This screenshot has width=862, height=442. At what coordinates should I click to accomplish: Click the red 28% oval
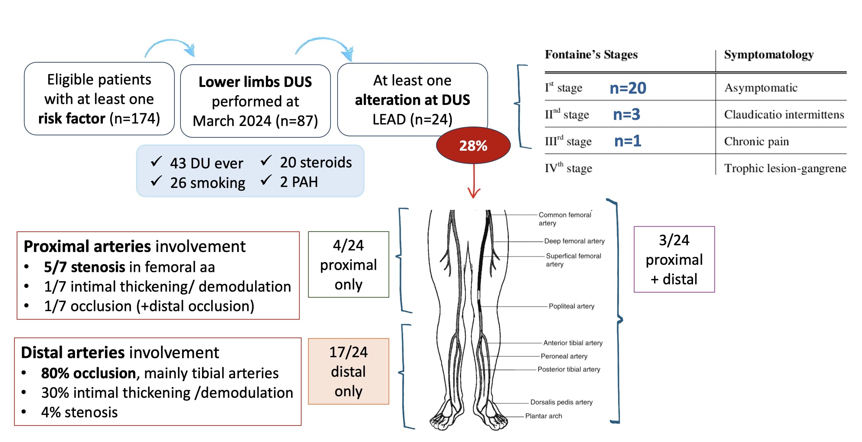(473, 145)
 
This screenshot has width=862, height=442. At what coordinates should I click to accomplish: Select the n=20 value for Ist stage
(628, 88)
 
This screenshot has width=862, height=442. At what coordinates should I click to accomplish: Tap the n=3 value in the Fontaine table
(626, 114)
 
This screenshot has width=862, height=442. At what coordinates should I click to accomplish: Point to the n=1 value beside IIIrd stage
(628, 141)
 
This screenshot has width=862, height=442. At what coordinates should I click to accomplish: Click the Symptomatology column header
(768, 55)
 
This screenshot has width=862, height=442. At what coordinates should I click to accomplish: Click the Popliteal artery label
(571, 306)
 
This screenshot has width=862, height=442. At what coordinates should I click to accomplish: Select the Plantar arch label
(543, 416)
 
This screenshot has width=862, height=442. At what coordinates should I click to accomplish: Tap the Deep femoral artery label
(574, 241)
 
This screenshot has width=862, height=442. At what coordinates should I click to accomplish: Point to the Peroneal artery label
(564, 356)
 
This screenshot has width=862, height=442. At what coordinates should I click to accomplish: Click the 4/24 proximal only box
(348, 264)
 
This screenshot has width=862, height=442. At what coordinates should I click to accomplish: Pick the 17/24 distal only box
(348, 371)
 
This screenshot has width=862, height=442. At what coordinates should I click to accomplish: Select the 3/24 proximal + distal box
(674, 260)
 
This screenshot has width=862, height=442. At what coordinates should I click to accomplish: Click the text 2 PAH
(299, 182)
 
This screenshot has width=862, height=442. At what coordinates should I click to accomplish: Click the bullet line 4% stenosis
(79, 412)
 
